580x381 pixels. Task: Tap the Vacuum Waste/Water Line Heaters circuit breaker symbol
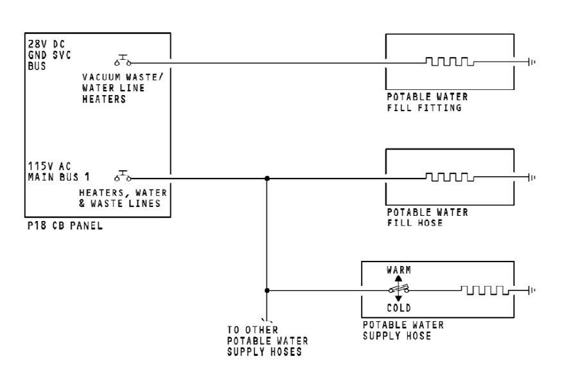(x=123, y=62)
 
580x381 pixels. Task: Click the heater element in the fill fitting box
(x=450, y=62)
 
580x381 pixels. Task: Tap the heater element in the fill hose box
(x=450, y=177)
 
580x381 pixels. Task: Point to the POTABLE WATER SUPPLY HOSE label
(x=403, y=330)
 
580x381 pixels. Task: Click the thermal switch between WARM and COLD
(x=398, y=290)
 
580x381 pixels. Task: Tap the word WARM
(x=398, y=270)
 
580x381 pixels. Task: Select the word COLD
(x=398, y=308)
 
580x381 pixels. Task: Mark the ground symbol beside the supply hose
(x=531, y=290)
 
